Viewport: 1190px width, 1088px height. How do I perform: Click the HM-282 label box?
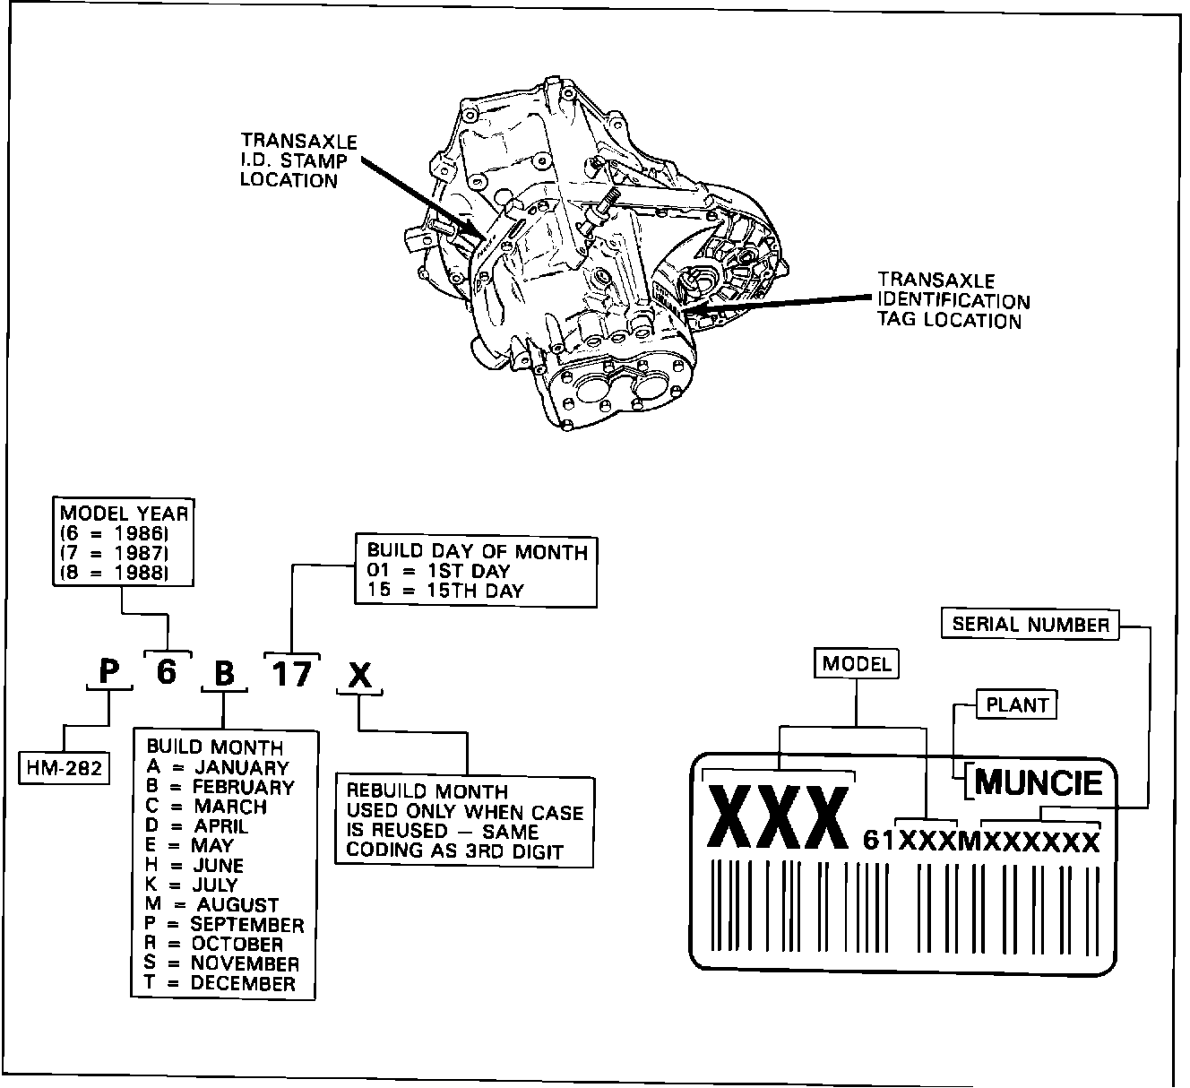click(x=65, y=767)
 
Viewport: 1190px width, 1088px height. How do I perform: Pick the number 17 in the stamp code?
click(x=291, y=673)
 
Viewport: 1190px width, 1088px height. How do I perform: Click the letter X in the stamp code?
click(x=359, y=675)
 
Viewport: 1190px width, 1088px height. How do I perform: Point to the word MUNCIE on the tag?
click(x=1039, y=782)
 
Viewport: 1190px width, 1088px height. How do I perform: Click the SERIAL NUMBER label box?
click(x=1030, y=624)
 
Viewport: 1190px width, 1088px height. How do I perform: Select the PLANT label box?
click(x=1016, y=704)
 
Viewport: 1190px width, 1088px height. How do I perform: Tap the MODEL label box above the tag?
click(x=857, y=663)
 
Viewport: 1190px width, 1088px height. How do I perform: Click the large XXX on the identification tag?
click(x=778, y=816)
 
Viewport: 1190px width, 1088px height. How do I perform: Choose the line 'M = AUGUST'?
click(x=212, y=905)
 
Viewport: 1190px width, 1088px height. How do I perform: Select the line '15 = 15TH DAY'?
click(x=446, y=591)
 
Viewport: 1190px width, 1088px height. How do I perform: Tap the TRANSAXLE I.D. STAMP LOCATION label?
click(x=298, y=161)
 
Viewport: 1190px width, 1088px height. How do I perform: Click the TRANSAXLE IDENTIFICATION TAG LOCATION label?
click(x=953, y=301)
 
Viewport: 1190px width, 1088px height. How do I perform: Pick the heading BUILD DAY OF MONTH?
click(x=478, y=551)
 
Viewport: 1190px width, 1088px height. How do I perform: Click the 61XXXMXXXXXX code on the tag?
click(x=980, y=841)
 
